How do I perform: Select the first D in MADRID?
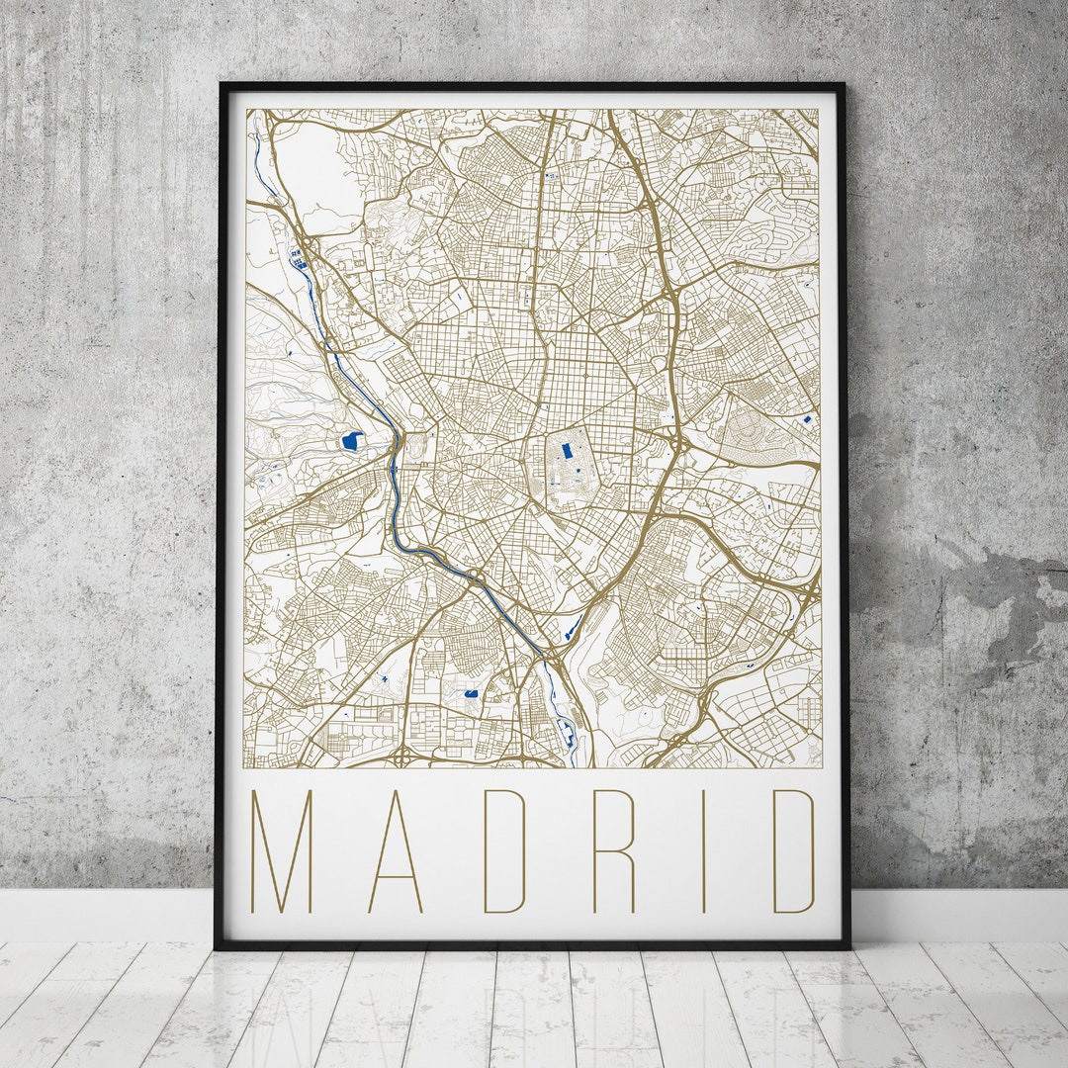503,850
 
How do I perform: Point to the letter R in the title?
613,850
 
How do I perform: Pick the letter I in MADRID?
703,850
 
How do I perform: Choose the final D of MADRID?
794,850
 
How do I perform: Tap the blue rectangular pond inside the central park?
567,451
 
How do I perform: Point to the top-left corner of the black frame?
222,86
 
